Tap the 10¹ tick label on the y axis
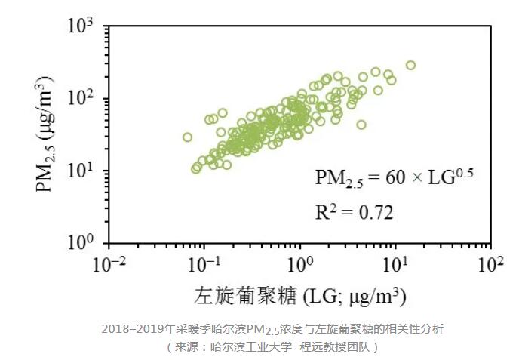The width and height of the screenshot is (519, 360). coord(81,171)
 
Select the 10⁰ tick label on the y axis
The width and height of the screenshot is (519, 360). coord(81,243)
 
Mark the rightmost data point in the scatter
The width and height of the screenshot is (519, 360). coord(410,65)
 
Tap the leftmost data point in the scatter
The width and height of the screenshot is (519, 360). coord(188,137)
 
